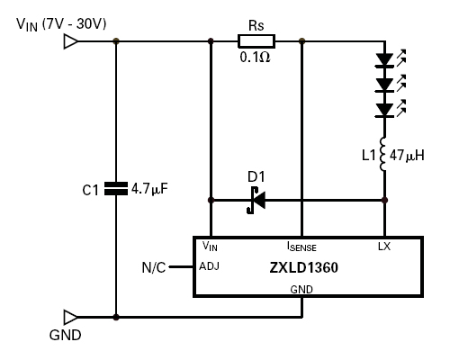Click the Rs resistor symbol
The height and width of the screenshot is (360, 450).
point(256,41)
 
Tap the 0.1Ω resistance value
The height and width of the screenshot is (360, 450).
point(255,57)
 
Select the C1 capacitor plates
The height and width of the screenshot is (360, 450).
point(116,189)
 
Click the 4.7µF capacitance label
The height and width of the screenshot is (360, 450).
point(149,189)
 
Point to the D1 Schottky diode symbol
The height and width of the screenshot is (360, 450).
point(256,200)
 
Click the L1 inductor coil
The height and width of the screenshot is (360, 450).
point(383,154)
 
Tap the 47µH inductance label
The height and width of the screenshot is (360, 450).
point(407,156)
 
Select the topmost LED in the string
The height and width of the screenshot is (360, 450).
point(391,58)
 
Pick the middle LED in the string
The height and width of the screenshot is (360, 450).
point(391,84)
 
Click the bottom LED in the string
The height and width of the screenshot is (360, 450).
point(391,109)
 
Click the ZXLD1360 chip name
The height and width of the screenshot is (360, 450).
point(303,267)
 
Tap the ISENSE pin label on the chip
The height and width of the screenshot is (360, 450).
point(301,247)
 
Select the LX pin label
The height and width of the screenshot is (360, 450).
point(384,247)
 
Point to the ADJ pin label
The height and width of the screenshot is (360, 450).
point(209,266)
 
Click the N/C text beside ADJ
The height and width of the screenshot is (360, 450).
point(154,267)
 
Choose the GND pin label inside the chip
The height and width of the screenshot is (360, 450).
point(301,290)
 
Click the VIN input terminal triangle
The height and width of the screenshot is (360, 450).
point(71,41)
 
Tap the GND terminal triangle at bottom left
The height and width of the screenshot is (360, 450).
point(71,317)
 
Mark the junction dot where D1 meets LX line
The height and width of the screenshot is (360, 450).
point(384,200)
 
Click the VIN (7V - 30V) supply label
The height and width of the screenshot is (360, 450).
point(61,24)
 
